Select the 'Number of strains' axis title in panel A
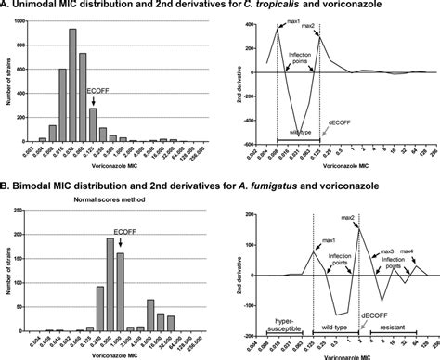pos(7,87)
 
